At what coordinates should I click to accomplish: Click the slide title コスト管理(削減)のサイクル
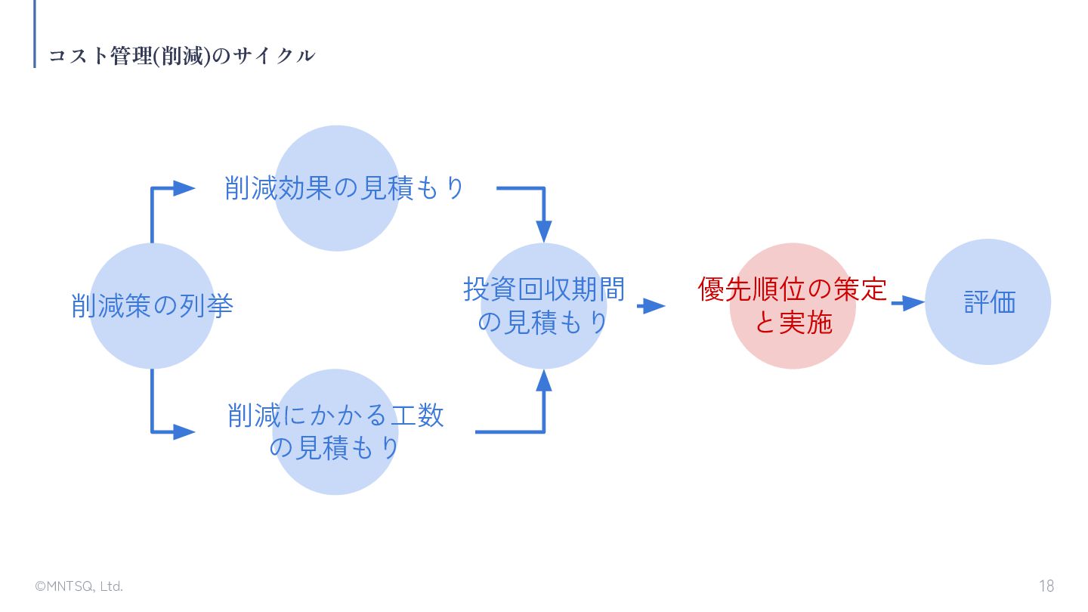click(181, 56)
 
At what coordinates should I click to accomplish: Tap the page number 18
click(1046, 586)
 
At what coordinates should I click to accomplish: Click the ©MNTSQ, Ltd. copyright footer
click(79, 586)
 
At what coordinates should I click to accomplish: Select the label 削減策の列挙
click(152, 306)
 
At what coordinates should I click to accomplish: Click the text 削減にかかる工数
click(335, 416)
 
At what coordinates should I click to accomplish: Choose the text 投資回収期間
click(544, 289)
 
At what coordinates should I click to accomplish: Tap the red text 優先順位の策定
click(792, 289)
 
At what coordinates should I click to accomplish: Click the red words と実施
click(793, 322)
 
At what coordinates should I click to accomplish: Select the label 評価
click(990, 302)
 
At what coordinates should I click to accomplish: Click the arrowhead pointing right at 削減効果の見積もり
click(184, 188)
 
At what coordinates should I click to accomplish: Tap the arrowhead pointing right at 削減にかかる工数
click(184, 432)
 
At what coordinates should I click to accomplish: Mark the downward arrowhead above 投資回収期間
click(544, 231)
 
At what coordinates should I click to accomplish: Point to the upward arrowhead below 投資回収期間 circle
click(544, 380)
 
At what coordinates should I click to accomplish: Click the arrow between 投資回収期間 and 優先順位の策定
click(651, 306)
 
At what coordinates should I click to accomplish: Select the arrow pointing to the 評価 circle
click(908, 303)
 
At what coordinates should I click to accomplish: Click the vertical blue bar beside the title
click(35, 34)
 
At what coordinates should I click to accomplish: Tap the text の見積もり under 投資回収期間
click(542, 323)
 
